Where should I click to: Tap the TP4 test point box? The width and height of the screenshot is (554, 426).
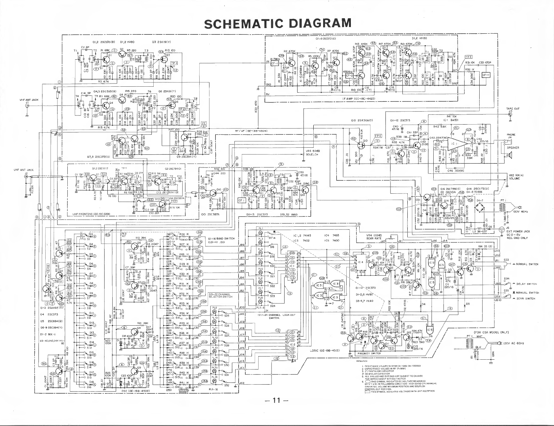(378, 136)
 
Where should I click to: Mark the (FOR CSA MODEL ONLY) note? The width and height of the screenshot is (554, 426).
(491, 332)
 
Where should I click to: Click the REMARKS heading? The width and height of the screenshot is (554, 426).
(361, 361)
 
